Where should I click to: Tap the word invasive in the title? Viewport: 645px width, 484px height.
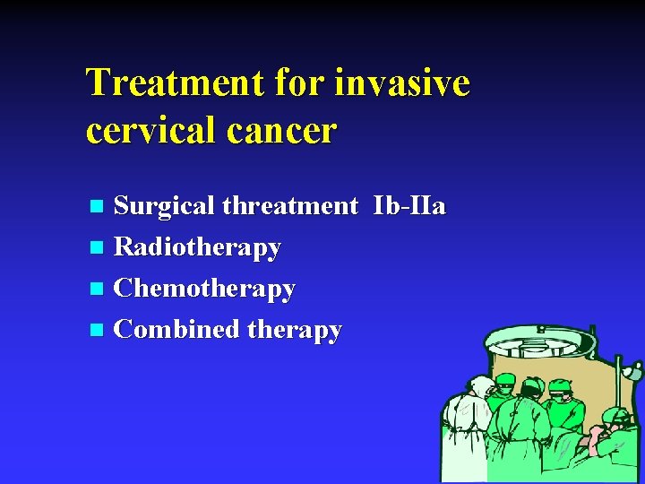[402, 83]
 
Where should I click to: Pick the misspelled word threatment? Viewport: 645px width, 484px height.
[290, 206]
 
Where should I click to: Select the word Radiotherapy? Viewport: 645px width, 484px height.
[198, 246]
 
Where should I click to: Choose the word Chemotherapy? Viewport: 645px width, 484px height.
[205, 289]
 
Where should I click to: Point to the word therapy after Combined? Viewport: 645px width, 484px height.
[295, 330]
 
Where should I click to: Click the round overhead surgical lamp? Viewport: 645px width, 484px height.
[539, 341]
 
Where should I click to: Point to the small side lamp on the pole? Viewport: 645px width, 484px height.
[632, 369]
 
